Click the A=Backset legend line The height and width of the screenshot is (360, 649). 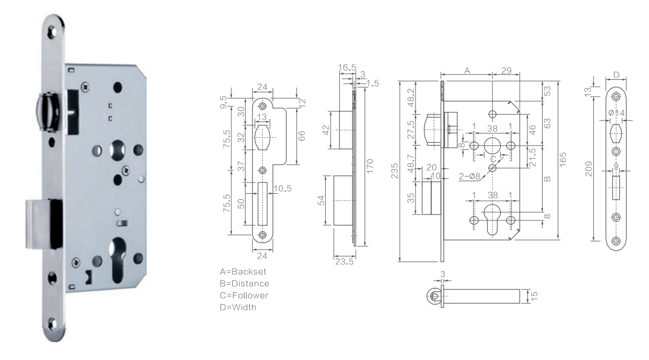coord(243,272)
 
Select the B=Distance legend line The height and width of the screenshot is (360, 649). coord(244,284)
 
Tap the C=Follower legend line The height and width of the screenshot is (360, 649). coord(244,295)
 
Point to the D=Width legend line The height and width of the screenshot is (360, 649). coord(238,307)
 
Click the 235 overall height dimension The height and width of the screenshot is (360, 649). coord(394,171)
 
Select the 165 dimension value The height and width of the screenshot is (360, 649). coord(563,160)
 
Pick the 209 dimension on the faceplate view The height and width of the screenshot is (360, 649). coord(589,169)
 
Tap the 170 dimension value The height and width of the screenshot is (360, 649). coord(370,166)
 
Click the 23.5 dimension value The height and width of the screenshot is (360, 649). coord(344,262)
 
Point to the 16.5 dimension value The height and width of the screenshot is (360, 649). coord(347,67)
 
